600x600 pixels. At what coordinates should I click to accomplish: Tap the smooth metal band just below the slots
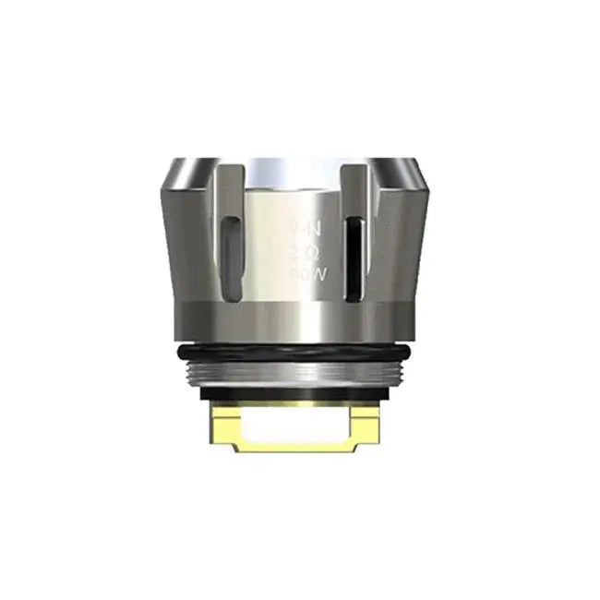point(300,318)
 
